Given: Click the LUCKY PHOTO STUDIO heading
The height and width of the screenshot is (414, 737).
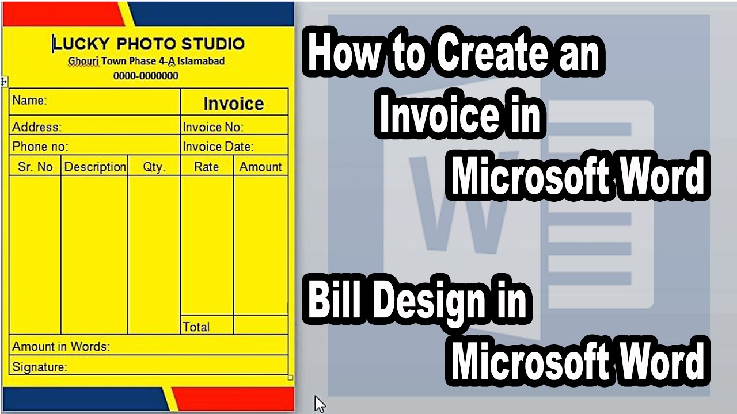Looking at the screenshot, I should pos(149,44).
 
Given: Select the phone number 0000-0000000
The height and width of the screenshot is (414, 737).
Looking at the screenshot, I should pos(146,76).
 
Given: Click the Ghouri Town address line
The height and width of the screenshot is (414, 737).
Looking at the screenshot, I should pos(146,61).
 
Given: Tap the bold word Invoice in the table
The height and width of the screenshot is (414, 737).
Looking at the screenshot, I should pos(233,103).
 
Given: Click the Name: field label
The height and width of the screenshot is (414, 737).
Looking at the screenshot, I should pos(29,100).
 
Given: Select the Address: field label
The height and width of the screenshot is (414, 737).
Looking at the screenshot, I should pos(37,127).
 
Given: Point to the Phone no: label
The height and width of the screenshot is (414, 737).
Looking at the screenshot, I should pos(40,147).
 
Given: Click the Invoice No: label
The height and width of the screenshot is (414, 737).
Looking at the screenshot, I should pos(213,127).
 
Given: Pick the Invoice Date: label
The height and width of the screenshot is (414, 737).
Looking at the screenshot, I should pos(218,147).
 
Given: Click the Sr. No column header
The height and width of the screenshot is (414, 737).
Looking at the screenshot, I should pos(36,167).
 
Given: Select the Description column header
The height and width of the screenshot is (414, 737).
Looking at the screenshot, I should pos(95,167).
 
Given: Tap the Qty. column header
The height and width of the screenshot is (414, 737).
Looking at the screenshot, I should pos(154,167).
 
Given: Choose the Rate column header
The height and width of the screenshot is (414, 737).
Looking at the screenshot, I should pos(206,167).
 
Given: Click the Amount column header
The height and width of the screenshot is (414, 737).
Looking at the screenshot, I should pos(261,167).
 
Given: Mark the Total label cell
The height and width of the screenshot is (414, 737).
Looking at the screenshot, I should pos(196,327).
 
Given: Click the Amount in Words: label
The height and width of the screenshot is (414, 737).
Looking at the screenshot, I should pos(60,347).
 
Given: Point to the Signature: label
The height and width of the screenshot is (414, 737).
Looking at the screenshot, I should pos(40,366).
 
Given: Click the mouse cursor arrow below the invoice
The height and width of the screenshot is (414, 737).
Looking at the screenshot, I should pos(320,404).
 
